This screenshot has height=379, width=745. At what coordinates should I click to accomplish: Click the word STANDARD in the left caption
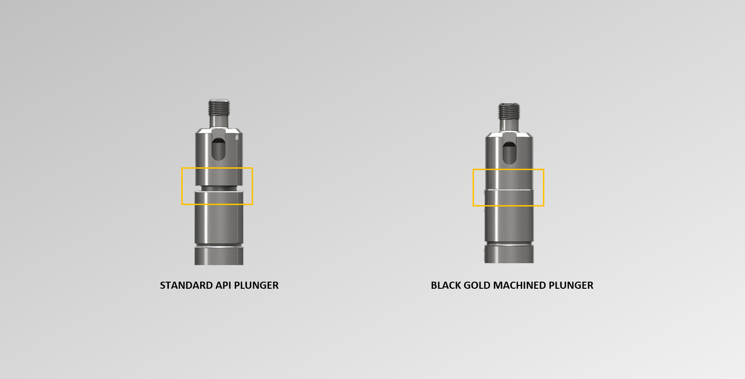pos(186,285)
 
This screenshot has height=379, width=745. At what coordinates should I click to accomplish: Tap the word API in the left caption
pos(223,285)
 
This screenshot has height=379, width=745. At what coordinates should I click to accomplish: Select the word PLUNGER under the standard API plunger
pos(256,285)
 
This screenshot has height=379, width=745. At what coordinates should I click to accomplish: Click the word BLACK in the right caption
pos(446,285)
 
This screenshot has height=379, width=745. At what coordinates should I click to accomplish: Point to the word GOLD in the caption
pos(477,285)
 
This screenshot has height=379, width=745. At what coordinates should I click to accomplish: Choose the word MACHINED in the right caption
pos(519,285)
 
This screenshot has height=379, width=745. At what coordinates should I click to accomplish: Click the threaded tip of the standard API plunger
pos(219,107)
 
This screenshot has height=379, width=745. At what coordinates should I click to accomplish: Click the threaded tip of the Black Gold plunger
pos(509,111)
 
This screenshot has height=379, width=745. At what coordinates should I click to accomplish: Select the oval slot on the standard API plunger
pos(219,149)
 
